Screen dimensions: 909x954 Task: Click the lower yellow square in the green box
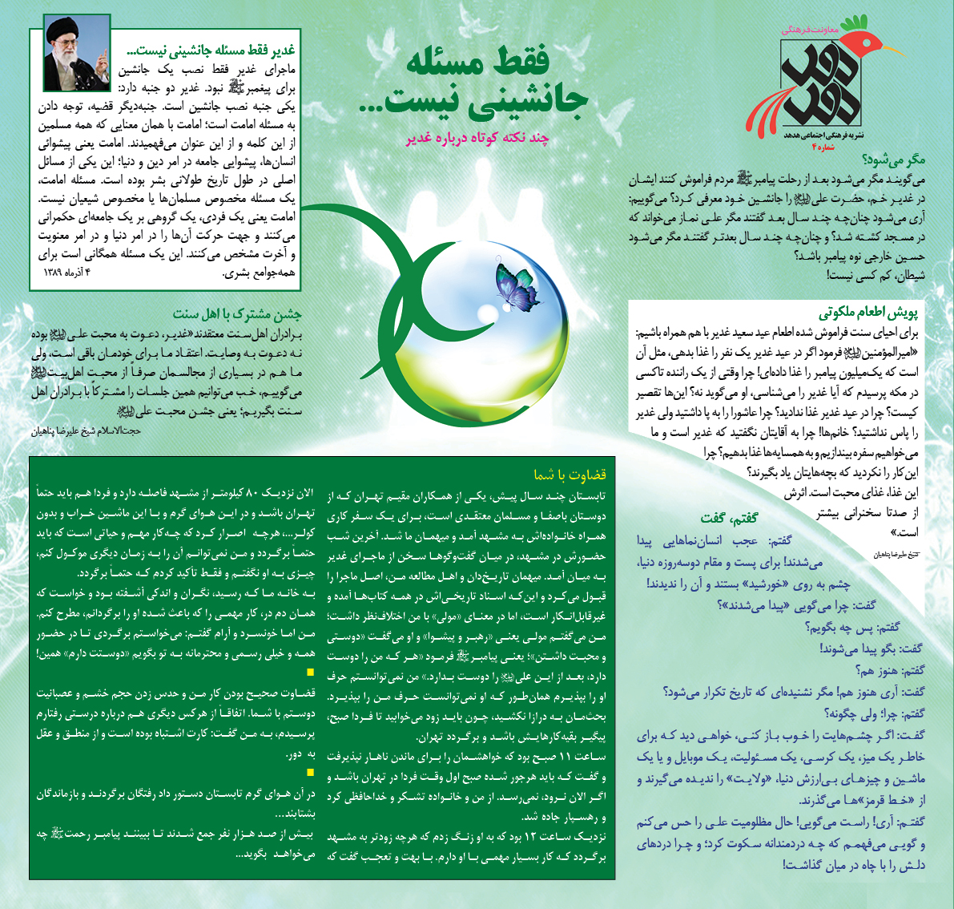pyautogui.click(x=312, y=772)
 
